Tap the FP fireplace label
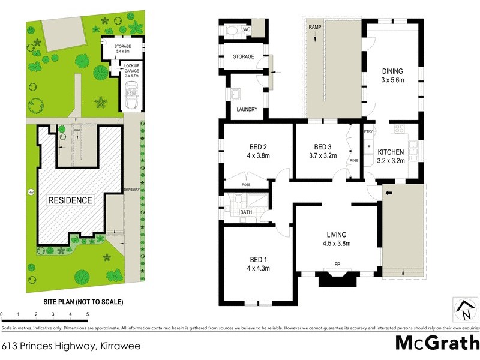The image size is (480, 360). [337, 264]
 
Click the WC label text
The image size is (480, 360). [247, 29]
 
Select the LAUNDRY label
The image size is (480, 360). [247, 110]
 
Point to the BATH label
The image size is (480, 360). [246, 212]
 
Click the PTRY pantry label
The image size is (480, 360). [368, 131]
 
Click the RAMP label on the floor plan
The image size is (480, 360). [314, 28]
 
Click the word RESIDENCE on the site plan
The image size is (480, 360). [70, 200]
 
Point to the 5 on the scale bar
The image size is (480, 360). [88, 314]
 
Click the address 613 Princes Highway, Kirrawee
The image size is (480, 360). [58, 346]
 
